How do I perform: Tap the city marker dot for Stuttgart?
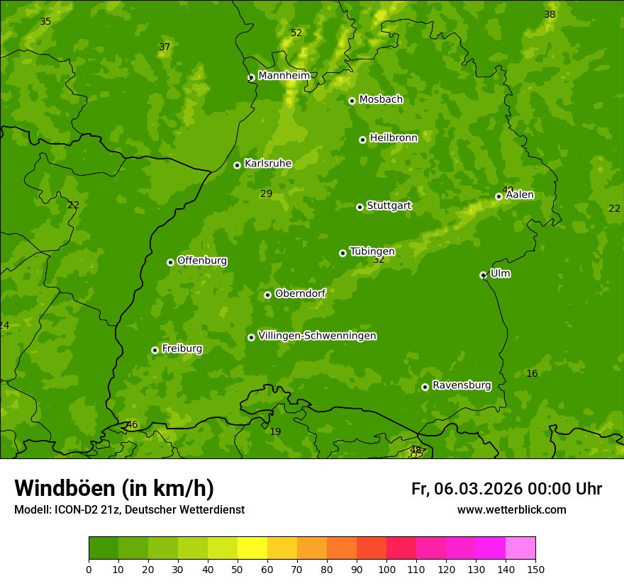tap(360, 207)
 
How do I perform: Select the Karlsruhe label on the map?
tap(267, 164)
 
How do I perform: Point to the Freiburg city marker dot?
tap(155, 350)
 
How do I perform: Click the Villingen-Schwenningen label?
tap(317, 336)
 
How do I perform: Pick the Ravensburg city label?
tap(461, 385)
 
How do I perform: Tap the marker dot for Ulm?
tap(483, 275)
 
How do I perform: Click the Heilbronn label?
tap(394, 138)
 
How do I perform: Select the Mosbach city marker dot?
tap(352, 101)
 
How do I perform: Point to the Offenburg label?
tap(202, 261)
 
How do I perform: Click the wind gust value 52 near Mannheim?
tap(296, 33)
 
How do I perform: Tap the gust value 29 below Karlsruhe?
tap(266, 193)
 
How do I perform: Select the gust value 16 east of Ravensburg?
tap(532, 373)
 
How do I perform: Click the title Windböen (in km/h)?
tap(114, 488)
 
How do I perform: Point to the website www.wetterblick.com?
tap(511, 510)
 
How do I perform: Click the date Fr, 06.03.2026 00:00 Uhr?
tap(506, 489)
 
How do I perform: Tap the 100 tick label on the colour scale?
tap(386, 569)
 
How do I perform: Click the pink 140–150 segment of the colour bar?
tap(520, 548)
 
